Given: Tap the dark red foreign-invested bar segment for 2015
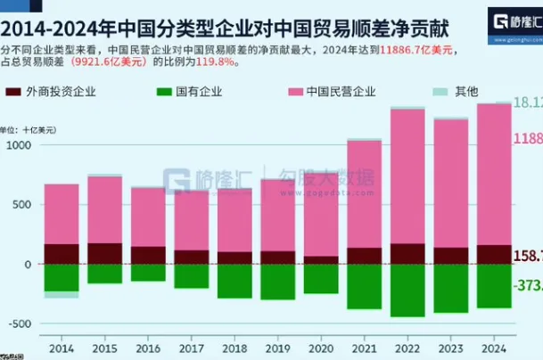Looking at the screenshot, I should tap(105, 253).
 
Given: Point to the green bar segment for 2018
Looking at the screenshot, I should tap(234, 281).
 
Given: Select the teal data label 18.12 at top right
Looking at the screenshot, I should tap(528, 103).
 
